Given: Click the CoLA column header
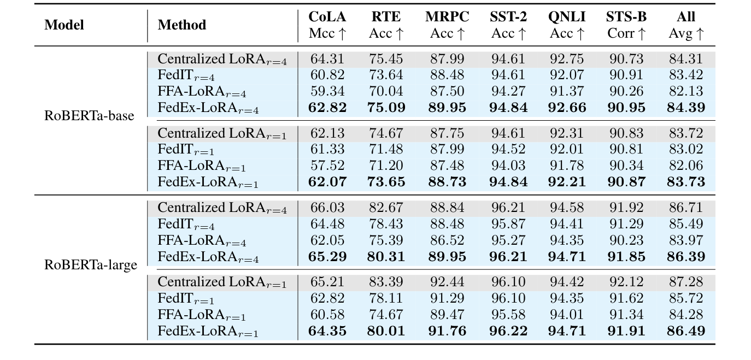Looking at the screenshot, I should pos(327,17).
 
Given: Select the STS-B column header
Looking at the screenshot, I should pos(626,17).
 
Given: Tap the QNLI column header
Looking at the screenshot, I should pos(567,17).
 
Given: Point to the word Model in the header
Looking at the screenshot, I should pos(64,25).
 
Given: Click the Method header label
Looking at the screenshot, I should pos(182,25).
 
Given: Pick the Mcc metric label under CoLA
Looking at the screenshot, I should pos(327,34).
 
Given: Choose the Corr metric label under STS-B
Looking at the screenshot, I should pos(626,34).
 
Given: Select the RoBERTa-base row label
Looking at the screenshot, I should pos(89,116).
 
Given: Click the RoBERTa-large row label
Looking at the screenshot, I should pos(91,265).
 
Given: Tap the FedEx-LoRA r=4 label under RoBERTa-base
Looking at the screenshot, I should pos(208,108).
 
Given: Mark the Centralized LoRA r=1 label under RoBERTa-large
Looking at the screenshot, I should pos(222,283).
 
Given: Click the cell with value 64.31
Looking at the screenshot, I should pos(327,59).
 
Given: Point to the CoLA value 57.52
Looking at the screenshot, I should pos(327,166).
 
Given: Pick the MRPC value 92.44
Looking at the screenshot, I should pos(447,282).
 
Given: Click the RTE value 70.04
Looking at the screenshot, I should pos(387,91).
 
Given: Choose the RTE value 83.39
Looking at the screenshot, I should pos(387,282).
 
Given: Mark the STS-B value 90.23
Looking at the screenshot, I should pos(626,240).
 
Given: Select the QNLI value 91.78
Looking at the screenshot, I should pos(567,166).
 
